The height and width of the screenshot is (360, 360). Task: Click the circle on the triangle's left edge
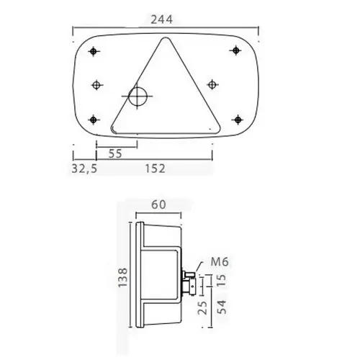pos(136,96)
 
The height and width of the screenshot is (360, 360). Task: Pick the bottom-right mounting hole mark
pos(236,119)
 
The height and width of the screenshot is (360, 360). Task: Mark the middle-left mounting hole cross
pos(99,84)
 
